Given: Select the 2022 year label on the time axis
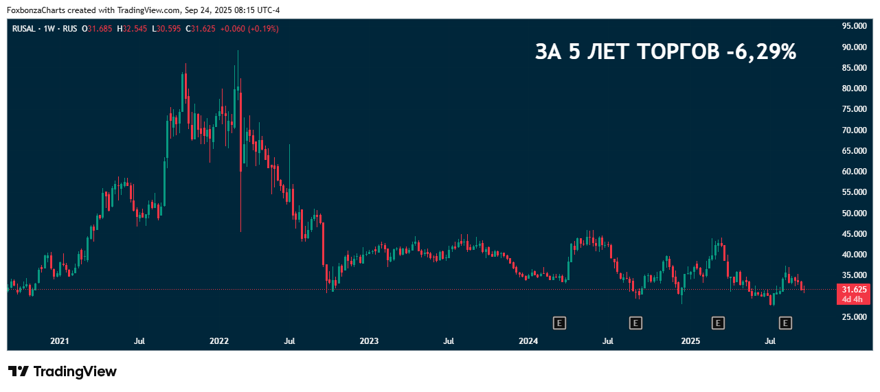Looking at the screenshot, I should [x=219, y=341].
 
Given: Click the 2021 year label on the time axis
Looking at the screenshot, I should [x=60, y=341].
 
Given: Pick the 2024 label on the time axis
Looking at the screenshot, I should [x=528, y=341].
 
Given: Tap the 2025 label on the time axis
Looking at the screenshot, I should [x=690, y=341].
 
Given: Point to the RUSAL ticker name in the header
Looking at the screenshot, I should [x=24, y=29].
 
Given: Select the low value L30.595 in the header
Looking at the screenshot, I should [x=168, y=29].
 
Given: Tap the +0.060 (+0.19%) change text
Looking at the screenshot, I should [x=249, y=29].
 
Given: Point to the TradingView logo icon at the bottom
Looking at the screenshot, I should [x=19, y=371].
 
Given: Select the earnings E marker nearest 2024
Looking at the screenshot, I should [x=559, y=322].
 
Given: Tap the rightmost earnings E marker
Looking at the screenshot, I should [x=785, y=322].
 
